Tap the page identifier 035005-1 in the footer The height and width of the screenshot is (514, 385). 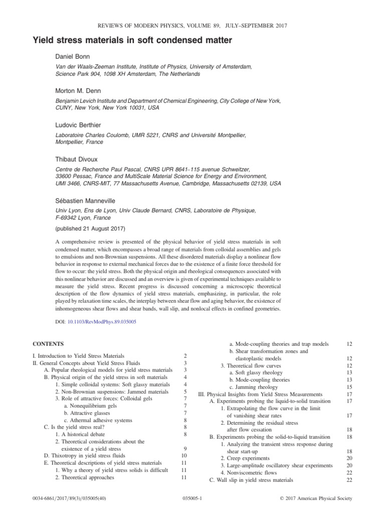[192, 498]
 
